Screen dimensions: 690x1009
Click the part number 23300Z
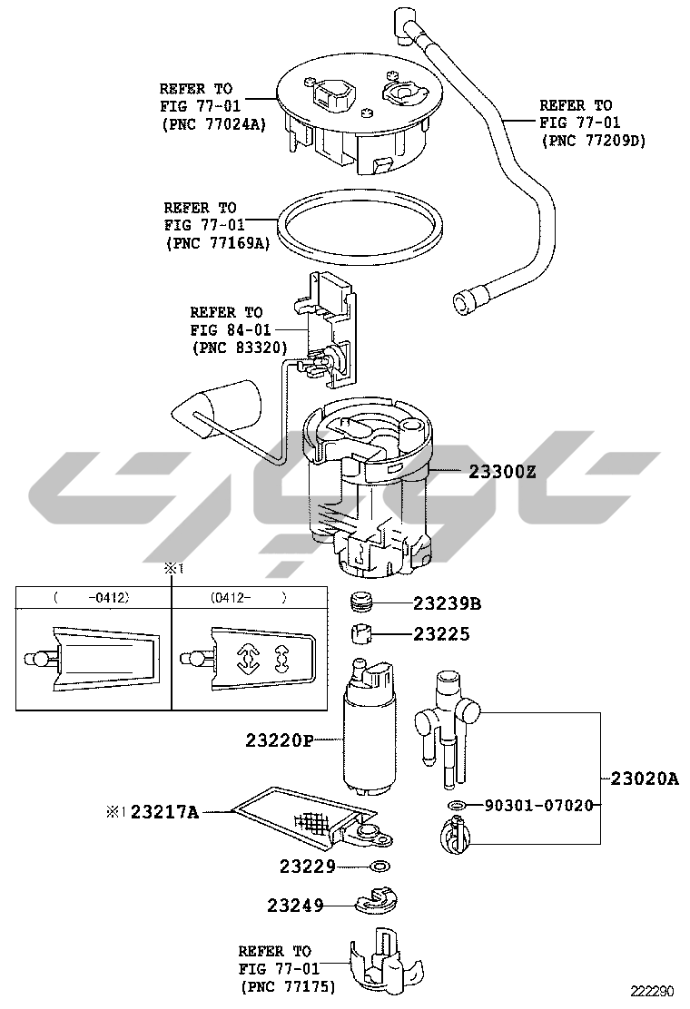pyautogui.click(x=502, y=472)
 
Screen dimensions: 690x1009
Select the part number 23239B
pyautogui.click(x=447, y=603)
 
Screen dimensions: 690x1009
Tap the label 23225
pyautogui.click(x=441, y=634)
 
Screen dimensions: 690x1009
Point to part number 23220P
pyautogui.click(x=279, y=740)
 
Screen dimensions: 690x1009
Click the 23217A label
pyautogui.click(x=164, y=812)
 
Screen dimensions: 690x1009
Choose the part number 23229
pyautogui.click(x=308, y=867)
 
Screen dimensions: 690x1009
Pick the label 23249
pyautogui.click(x=295, y=906)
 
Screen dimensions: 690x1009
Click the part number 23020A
pyautogui.click(x=645, y=779)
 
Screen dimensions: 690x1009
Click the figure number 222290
pyautogui.click(x=652, y=992)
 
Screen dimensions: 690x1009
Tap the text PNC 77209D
pyautogui.click(x=594, y=141)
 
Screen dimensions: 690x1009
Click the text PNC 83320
pyautogui.click(x=240, y=348)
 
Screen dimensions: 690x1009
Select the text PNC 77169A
pyautogui.click(x=218, y=243)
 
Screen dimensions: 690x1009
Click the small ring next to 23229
pyautogui.click(x=381, y=867)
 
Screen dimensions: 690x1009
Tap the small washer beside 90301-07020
pyautogui.click(x=457, y=805)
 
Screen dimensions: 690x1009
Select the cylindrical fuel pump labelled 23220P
pyautogui.click(x=369, y=727)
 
